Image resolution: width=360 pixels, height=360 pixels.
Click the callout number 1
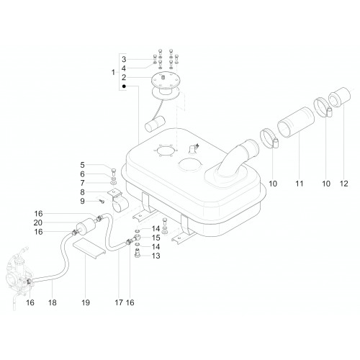pos(113,72)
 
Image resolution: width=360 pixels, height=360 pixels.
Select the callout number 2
pos(124,78)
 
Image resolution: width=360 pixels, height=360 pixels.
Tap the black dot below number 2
pos(124,86)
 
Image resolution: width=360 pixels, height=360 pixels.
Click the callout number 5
pos(82,165)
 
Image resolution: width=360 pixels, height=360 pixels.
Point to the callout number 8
pos(82,192)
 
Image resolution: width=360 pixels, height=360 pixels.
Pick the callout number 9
pos(82,201)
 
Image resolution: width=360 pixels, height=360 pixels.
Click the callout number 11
pos(300,184)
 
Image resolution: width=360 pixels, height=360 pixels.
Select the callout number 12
pos(344,184)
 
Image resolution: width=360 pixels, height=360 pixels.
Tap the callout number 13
pos(156,256)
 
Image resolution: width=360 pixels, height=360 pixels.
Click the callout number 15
pos(156,238)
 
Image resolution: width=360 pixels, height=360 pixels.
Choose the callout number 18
pos(53,302)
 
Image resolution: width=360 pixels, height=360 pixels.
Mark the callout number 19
pos(86,302)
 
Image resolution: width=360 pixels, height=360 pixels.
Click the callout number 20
pos(38,222)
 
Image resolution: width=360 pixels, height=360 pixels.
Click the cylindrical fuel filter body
pos(86,227)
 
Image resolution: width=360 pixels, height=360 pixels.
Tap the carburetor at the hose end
pos(18,276)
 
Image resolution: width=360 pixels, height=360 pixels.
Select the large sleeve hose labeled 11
pos(296,122)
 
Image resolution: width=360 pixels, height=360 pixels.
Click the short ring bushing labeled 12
pos(340,96)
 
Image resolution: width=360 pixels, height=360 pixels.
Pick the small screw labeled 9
pos(102,202)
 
